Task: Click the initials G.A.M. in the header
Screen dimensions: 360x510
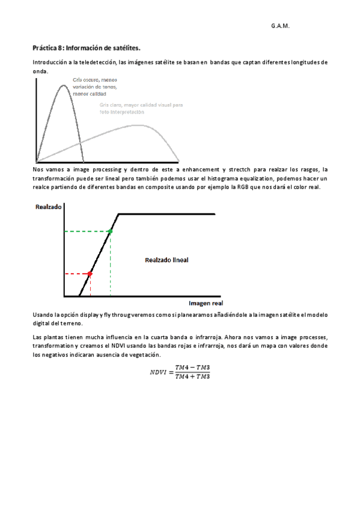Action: point(280,26)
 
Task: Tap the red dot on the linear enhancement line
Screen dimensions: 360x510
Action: point(90,274)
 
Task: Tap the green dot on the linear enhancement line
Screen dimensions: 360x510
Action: point(110,231)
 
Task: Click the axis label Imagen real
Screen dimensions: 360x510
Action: point(206,303)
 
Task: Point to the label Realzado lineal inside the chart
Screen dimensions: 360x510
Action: point(166,260)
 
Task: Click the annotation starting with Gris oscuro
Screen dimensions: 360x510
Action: point(94,87)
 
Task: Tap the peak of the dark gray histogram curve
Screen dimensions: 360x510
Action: point(63,85)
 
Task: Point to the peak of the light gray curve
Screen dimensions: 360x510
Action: point(139,125)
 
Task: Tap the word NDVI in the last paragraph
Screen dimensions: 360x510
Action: point(127,346)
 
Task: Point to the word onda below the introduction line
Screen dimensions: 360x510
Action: point(39,71)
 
